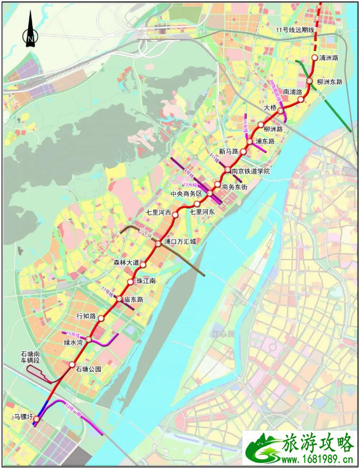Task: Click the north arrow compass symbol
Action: [30, 34]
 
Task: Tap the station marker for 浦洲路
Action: [314, 58]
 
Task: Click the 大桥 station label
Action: [270, 107]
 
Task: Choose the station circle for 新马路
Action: [243, 152]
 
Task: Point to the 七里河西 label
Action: [159, 213]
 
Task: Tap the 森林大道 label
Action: [125, 262]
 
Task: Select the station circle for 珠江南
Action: [131, 282]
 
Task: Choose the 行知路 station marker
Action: [101, 318]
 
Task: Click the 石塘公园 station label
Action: [88, 369]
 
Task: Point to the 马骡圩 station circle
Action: [36, 420]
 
